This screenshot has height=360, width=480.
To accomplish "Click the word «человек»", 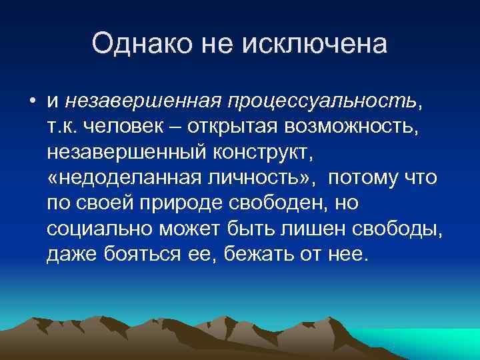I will [x=130, y=126].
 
